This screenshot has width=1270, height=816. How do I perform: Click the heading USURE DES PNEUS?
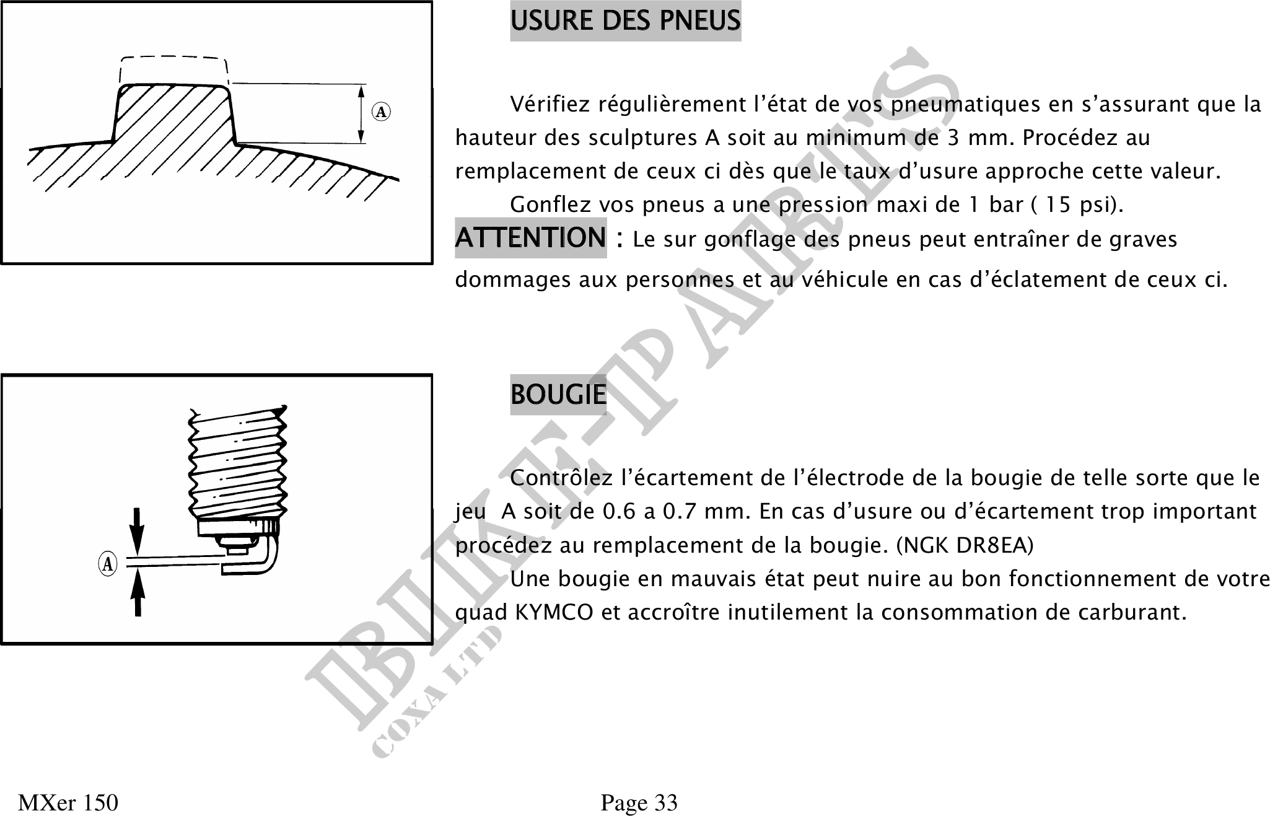pos(625,21)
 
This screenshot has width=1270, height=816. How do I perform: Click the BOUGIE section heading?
pos(558,395)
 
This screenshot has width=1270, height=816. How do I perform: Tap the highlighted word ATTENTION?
pos(530,238)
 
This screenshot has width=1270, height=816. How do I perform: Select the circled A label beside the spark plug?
pos(108,564)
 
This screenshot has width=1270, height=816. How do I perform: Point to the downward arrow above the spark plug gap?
pos(138,530)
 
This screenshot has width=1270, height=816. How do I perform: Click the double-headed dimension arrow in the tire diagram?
pos(361,114)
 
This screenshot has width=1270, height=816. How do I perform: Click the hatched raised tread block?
pos(173,118)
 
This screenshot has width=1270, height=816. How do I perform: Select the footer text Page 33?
pos(639,803)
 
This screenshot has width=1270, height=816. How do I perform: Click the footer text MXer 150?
pos(68,803)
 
